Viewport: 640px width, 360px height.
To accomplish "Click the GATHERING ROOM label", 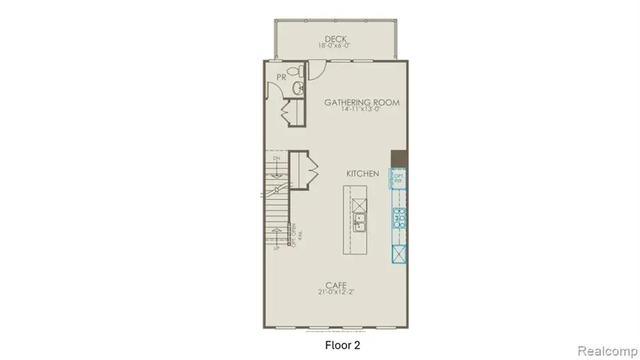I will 361,102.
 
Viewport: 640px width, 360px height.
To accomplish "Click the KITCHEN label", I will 362,174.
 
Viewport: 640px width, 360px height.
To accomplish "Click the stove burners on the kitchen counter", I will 399,217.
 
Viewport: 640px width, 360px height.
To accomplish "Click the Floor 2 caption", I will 332,346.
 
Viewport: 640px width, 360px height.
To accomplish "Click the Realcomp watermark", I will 602,351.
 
